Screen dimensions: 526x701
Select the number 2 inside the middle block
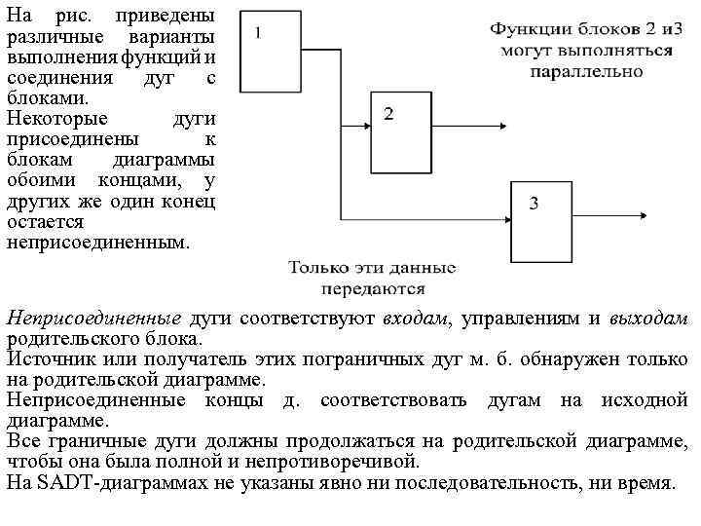[388, 115]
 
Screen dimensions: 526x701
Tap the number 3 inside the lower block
[535, 203]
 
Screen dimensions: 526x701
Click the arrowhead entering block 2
[368, 124]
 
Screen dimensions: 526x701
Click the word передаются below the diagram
[372, 288]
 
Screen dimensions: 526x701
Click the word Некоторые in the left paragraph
[50, 119]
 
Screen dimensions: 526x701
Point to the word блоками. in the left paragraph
[47, 98]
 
